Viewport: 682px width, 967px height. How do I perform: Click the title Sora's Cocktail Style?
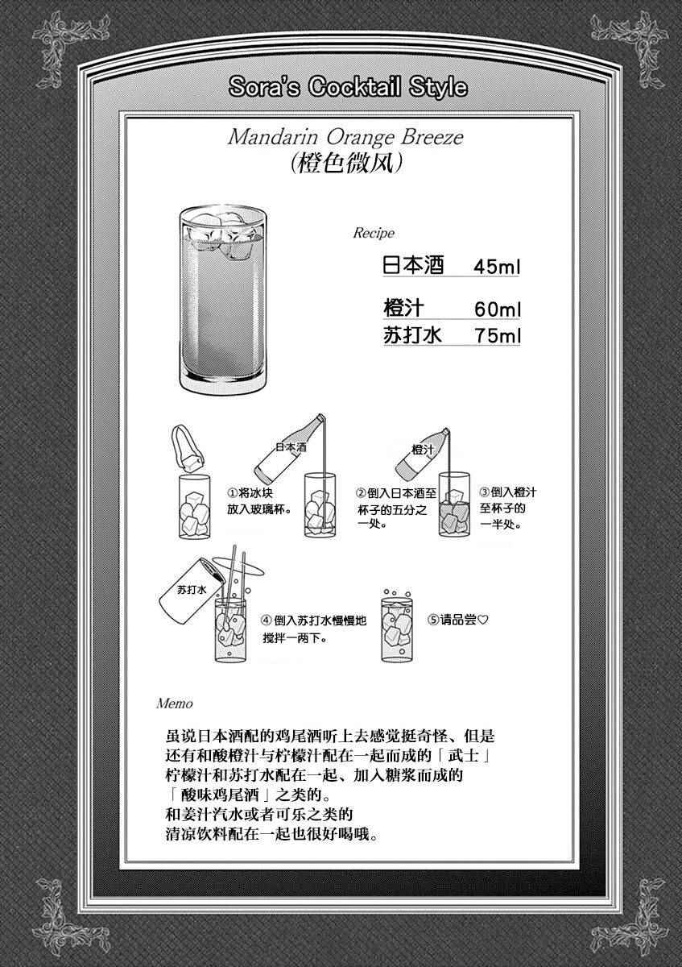tap(348, 87)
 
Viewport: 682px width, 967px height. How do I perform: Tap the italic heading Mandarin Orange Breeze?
tap(345, 138)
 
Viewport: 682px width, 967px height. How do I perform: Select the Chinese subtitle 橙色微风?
tap(347, 164)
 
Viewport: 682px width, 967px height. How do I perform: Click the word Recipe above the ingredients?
tap(374, 233)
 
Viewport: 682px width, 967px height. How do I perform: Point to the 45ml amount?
tap(497, 267)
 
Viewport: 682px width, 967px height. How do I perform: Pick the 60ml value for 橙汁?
tap(498, 309)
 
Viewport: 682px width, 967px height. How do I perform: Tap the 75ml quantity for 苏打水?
tap(498, 336)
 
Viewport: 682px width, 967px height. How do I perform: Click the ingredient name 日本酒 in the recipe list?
tap(413, 265)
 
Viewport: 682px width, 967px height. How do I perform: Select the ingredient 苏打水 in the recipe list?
tap(413, 335)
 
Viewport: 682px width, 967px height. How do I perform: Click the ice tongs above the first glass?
tap(188, 448)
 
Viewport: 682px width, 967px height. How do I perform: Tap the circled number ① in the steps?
tap(232, 493)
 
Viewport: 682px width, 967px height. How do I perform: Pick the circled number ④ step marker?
tap(267, 620)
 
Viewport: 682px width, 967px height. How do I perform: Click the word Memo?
tap(174, 703)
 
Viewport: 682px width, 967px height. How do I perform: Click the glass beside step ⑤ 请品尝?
tap(397, 625)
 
